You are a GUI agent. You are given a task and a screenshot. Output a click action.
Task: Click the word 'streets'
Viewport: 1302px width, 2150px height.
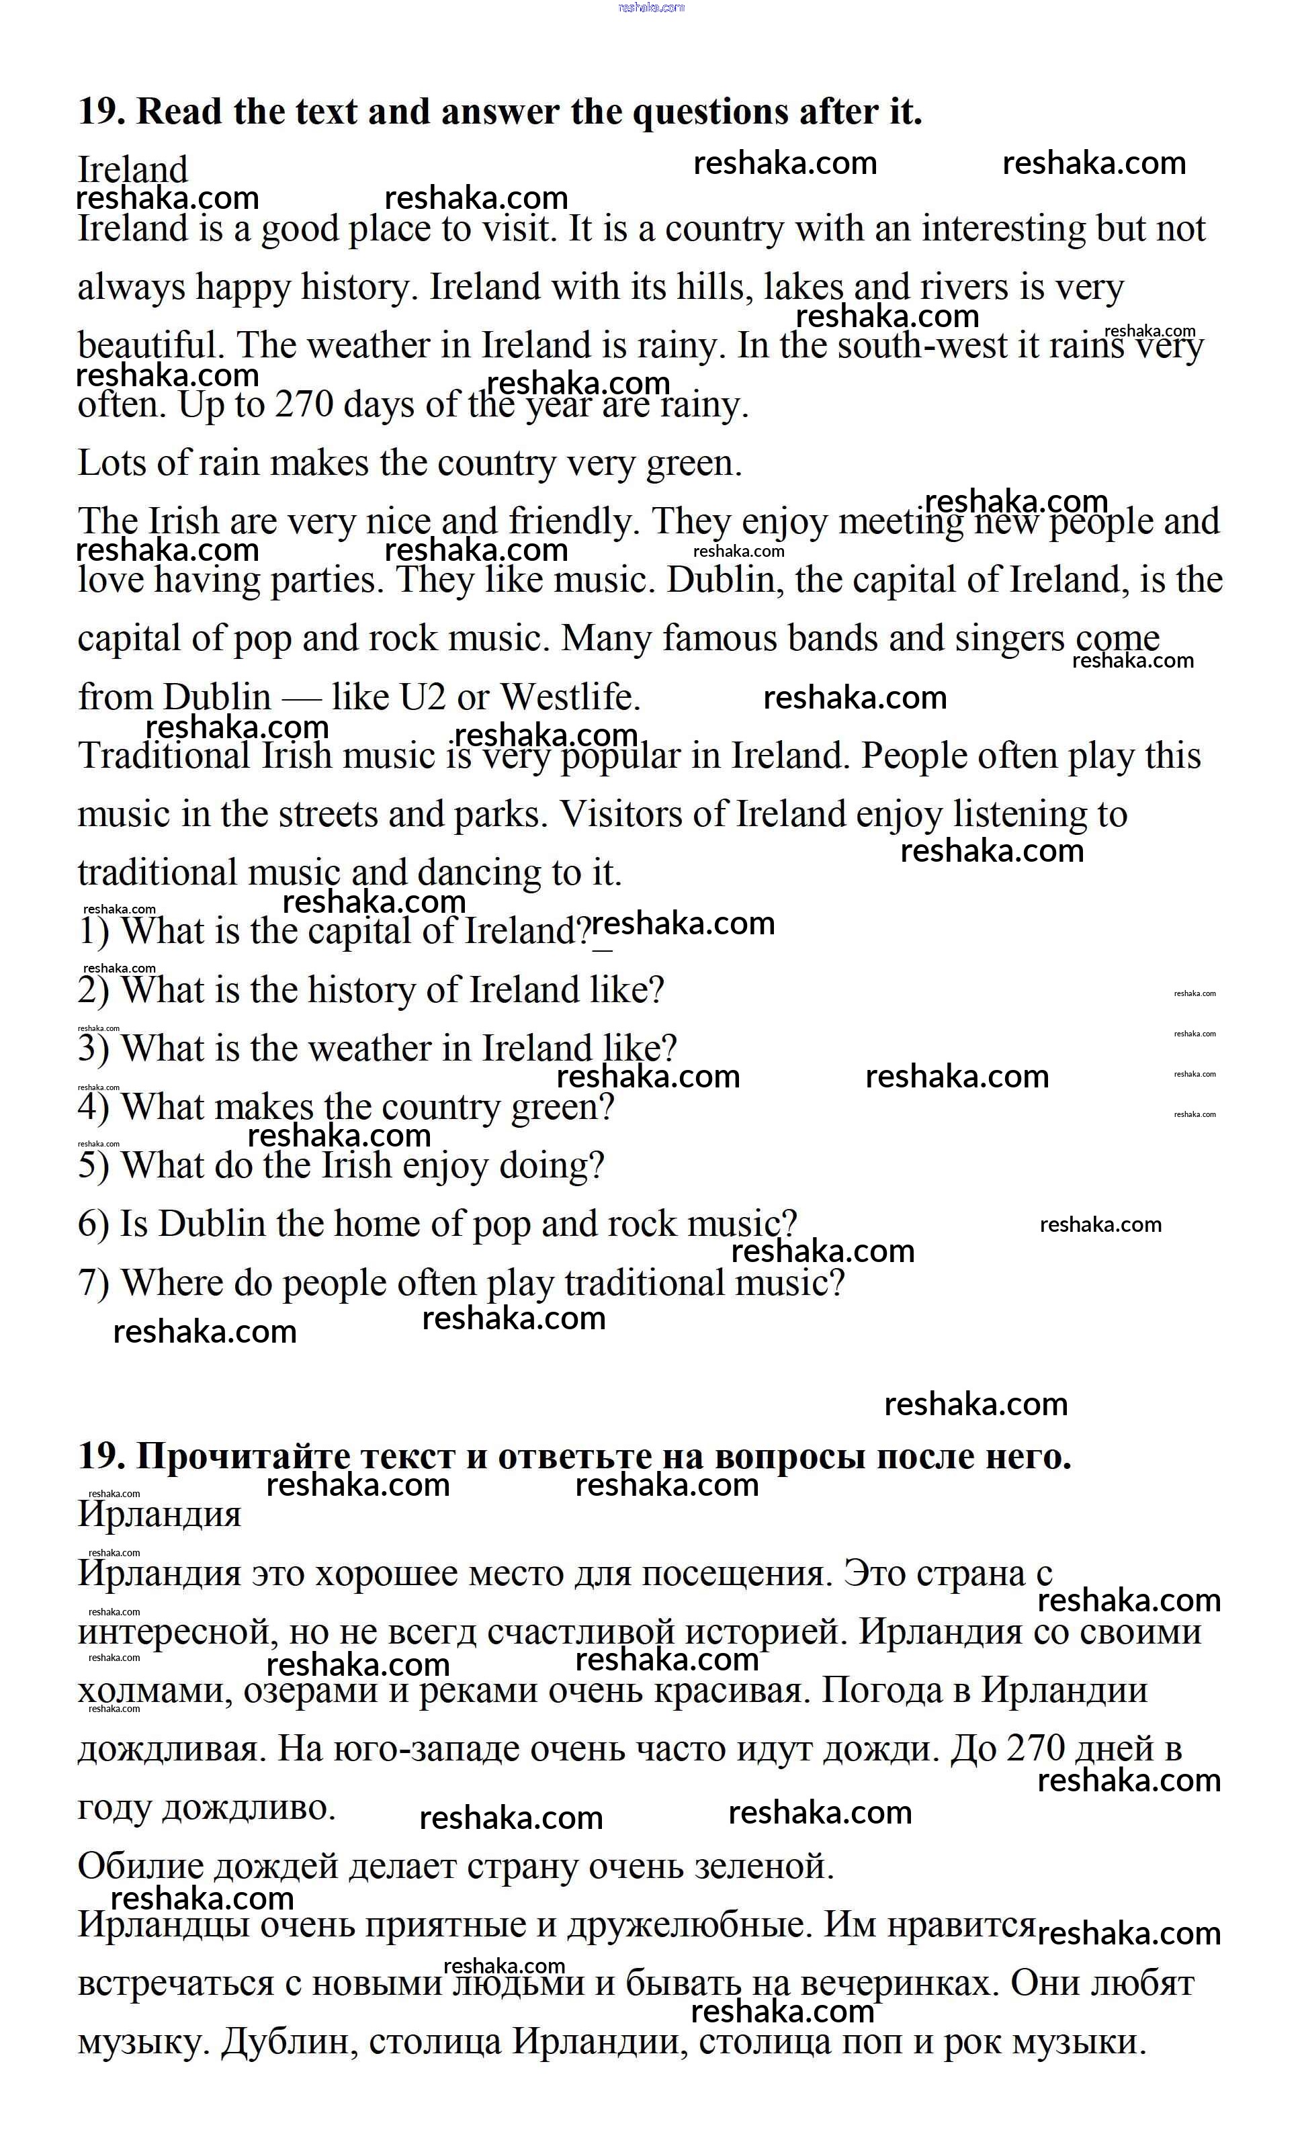click(328, 815)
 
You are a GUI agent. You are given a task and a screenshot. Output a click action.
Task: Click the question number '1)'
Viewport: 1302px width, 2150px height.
click(93, 932)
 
